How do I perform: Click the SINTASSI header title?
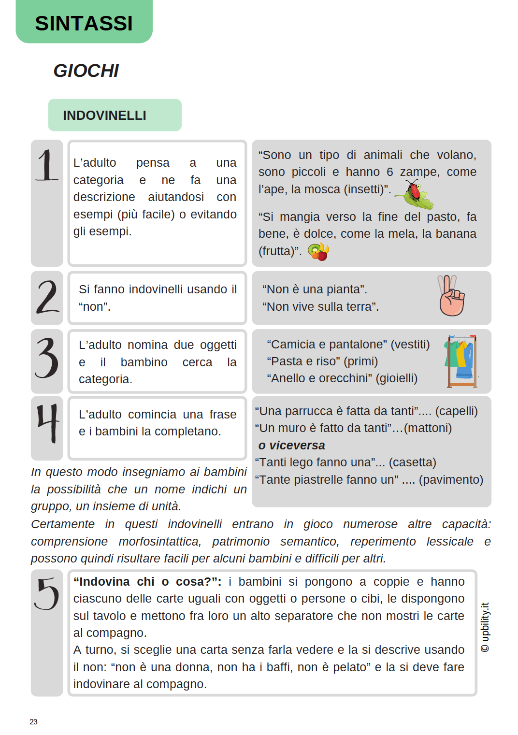(84, 23)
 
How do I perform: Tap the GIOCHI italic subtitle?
(86, 71)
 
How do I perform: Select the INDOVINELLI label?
(104, 115)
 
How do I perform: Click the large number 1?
(47, 165)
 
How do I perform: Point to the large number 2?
(47, 297)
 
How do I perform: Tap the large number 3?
(47, 358)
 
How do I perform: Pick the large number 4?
(47, 423)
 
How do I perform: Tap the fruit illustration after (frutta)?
(319, 251)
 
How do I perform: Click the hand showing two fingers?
(451, 296)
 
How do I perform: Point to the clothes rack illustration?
(462, 361)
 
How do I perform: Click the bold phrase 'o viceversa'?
(291, 445)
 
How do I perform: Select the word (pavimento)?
(451, 479)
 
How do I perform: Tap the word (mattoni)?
(428, 428)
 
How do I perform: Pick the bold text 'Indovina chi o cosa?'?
(147, 581)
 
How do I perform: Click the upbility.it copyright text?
(485, 627)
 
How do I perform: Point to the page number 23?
(33, 721)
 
